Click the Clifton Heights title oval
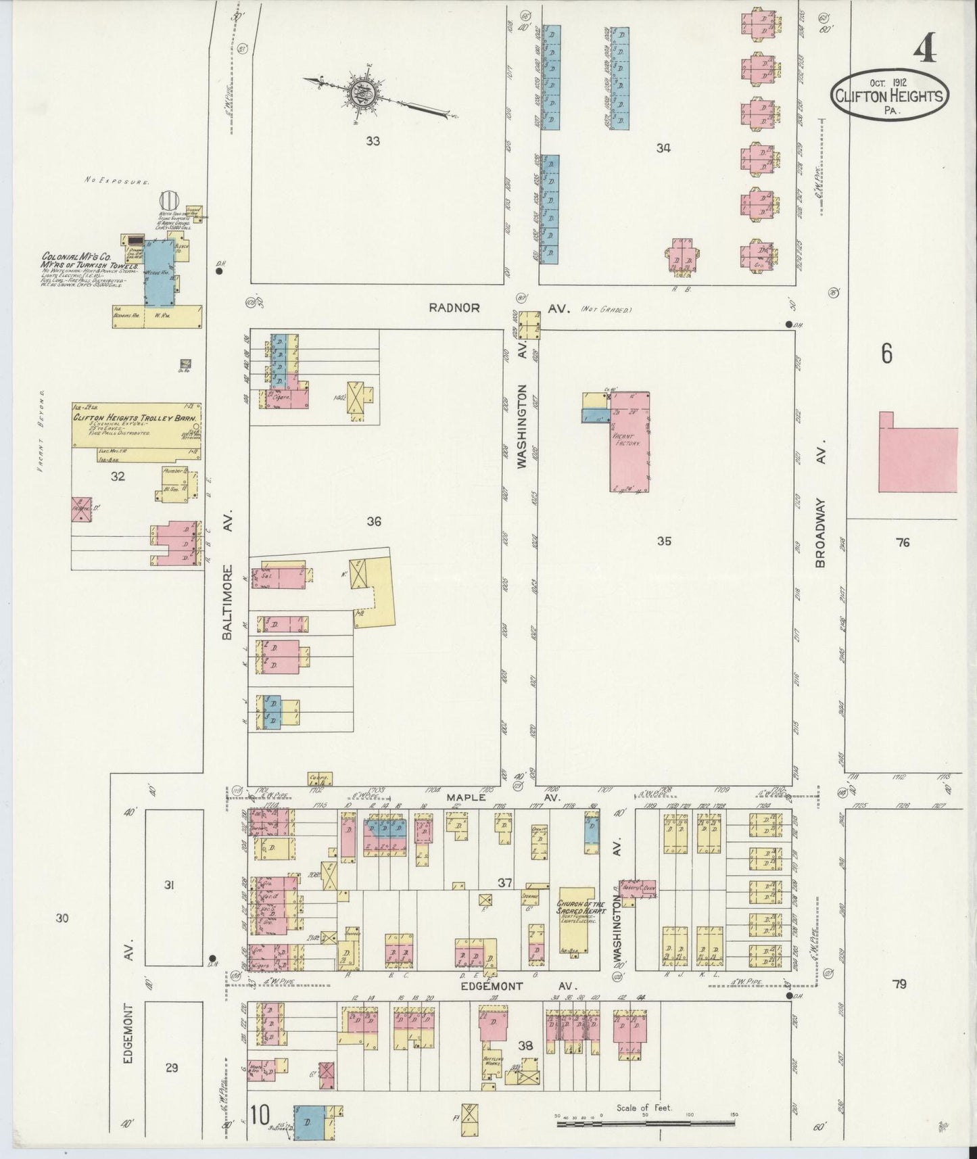point(889,97)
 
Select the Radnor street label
point(454,308)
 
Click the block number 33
point(373,141)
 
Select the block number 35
point(664,540)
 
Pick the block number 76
point(903,542)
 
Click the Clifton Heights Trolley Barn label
point(138,419)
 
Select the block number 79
point(899,984)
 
